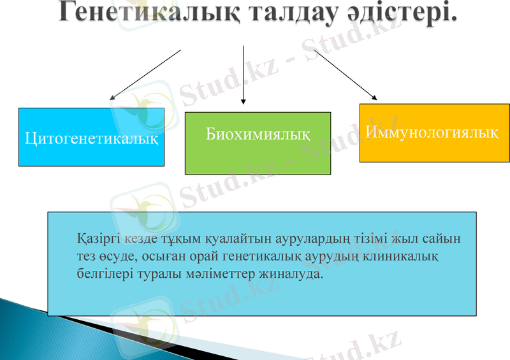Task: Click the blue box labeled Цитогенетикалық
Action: tap(91, 137)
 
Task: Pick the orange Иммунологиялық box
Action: tap(434, 133)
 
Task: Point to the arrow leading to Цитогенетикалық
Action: tap(145, 75)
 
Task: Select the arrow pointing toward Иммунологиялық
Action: tap(345, 75)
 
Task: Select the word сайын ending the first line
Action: tap(443, 240)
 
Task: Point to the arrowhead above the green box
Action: tap(243, 101)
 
